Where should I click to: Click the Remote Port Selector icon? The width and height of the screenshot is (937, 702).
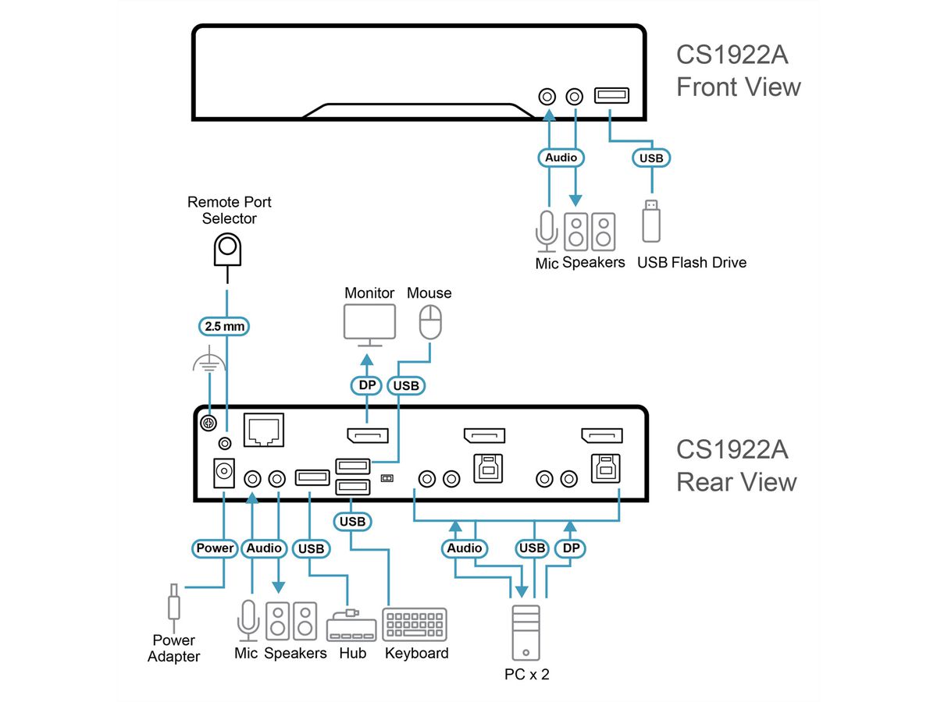click(227, 249)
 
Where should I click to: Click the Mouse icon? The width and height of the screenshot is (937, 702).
click(430, 321)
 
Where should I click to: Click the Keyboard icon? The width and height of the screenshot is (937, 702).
click(415, 625)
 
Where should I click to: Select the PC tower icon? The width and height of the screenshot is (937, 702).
click(526, 633)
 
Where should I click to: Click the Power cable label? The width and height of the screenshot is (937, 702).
click(215, 548)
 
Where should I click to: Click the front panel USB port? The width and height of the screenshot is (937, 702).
click(611, 96)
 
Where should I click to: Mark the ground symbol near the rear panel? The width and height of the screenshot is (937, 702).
click(208, 363)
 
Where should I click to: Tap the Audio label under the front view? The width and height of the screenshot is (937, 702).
click(561, 158)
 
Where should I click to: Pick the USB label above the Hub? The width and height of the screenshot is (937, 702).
click(310, 548)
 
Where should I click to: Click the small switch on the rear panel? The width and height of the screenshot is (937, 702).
click(386, 477)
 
